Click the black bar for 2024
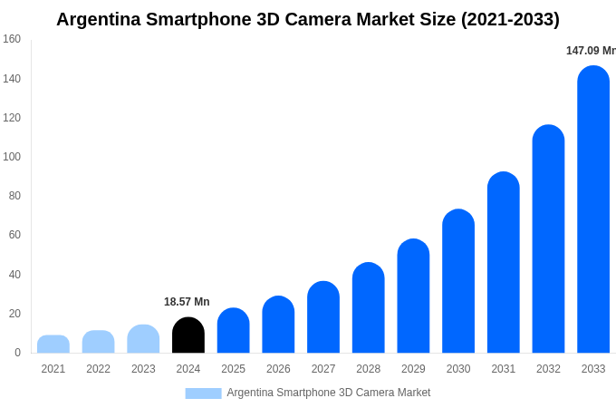pos(188,335)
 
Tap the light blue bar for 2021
pos(53,345)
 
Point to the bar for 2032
pos(548,239)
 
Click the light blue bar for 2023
pos(143,339)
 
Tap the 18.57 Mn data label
pos(187,302)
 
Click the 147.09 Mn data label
pos(591,51)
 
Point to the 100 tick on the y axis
pos(12,157)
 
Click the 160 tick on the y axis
pos(12,39)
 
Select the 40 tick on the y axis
pos(14,275)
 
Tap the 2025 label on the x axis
pos(233,369)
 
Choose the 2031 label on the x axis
pos(504,369)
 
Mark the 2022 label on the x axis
pos(98,369)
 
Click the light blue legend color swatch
pos(203,393)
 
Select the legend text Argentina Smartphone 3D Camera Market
pos(329,393)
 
